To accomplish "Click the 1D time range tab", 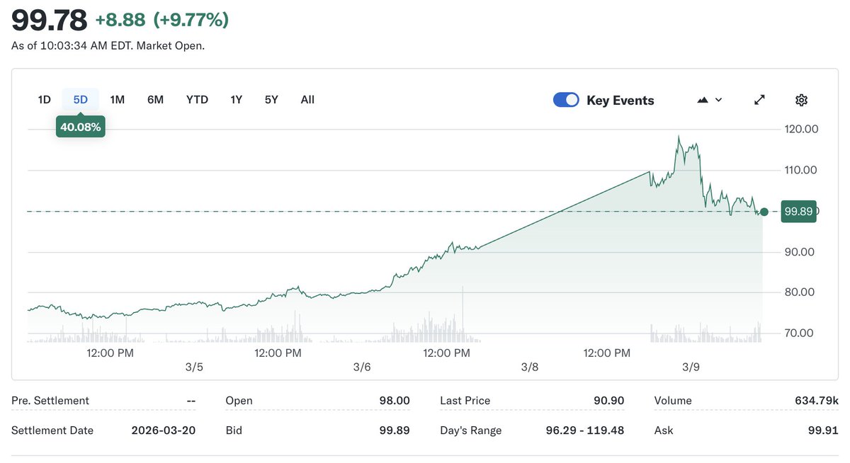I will (44, 100).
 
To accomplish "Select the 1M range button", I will (118, 100).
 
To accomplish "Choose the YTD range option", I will (197, 100).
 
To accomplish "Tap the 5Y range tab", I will (271, 100).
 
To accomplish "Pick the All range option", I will (307, 100).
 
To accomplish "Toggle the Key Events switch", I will (566, 100).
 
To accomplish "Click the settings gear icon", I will (801, 100).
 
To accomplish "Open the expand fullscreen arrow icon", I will (759, 100).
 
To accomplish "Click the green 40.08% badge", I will (81, 127).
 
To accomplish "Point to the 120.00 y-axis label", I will (801, 129).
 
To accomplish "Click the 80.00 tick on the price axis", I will (801, 292).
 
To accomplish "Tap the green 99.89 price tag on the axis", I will (798, 211).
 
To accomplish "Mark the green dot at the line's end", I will (764, 212).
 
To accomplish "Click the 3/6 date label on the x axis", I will (362, 367).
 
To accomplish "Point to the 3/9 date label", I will (691, 367).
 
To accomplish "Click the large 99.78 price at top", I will (50, 20).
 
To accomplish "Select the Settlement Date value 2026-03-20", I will (164, 430).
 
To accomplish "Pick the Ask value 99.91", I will (822, 430).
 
